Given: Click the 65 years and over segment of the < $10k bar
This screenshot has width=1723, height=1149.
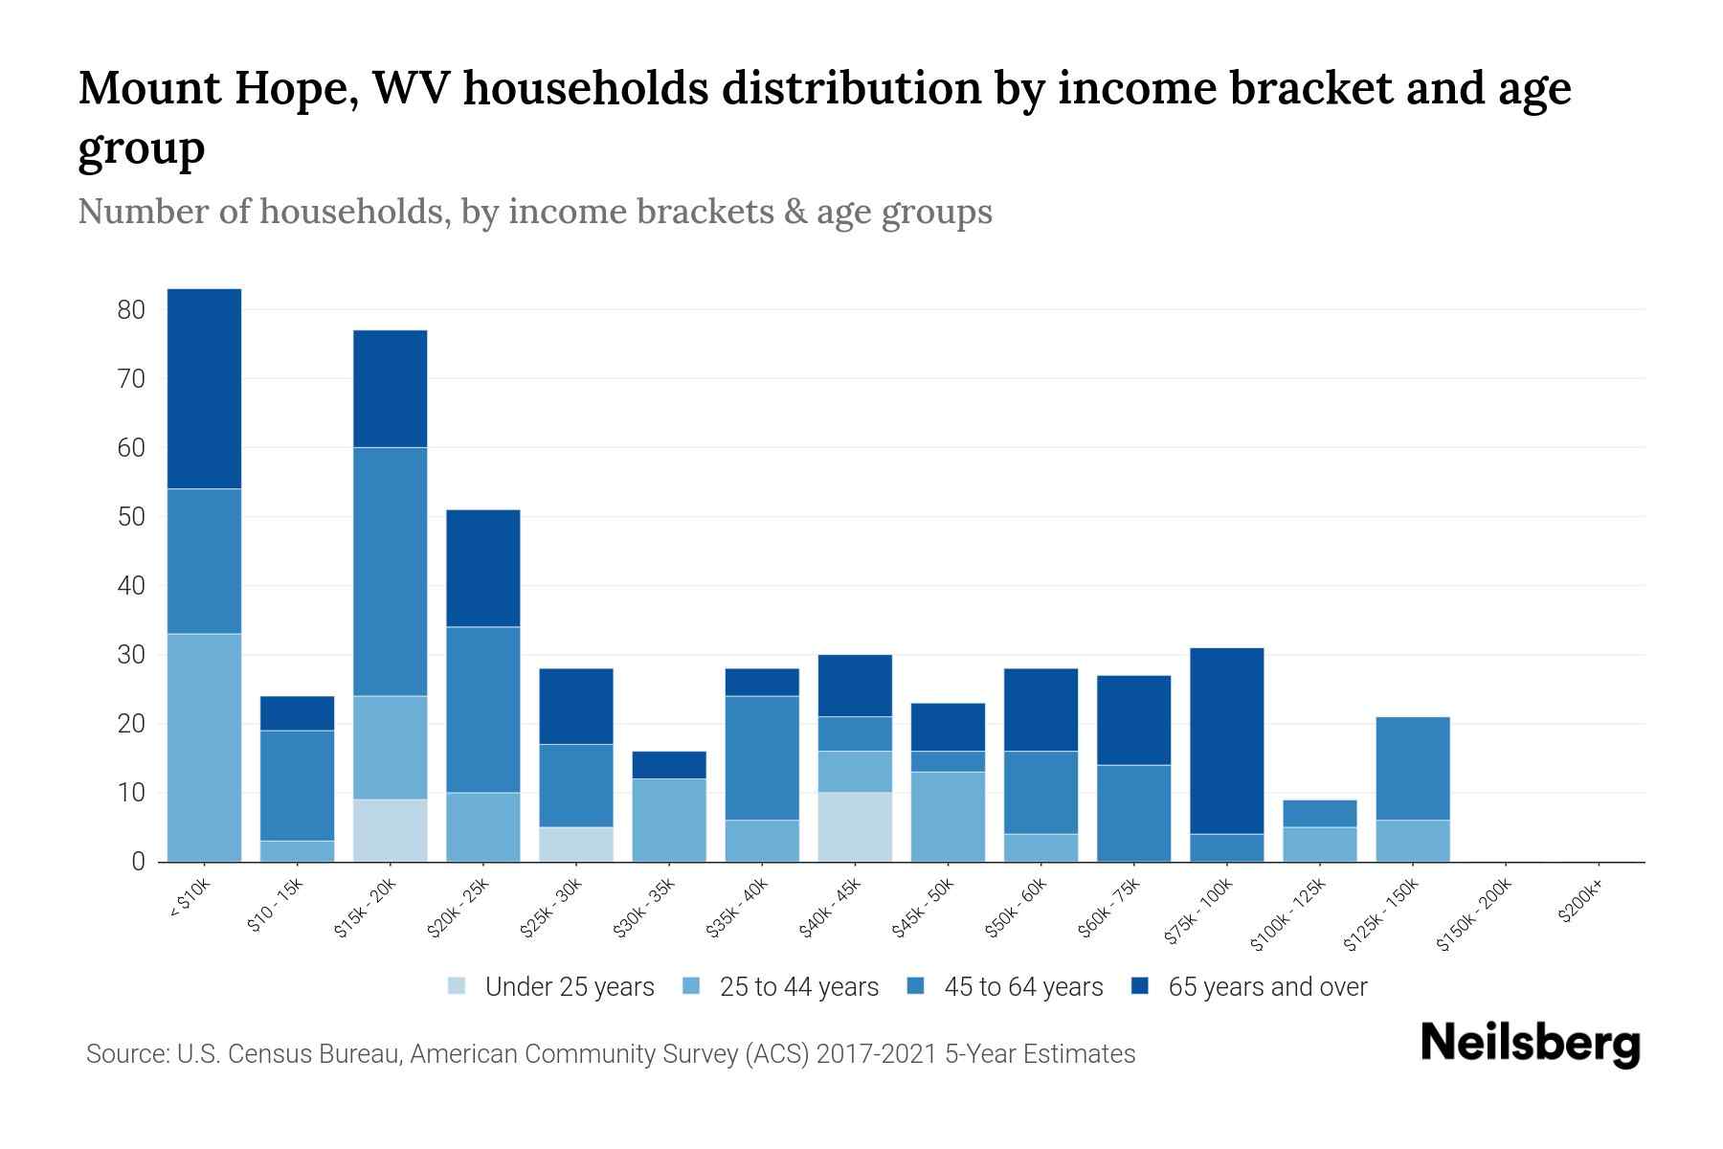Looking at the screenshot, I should click(204, 389).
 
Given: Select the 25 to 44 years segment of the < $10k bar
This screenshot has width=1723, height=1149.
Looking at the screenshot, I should click(204, 747).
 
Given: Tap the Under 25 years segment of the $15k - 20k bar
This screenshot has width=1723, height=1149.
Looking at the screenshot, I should click(391, 830).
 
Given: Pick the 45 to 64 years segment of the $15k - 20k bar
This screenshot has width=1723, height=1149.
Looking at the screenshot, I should click(391, 572).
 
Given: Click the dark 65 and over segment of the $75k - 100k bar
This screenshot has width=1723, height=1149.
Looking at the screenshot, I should click(1226, 741).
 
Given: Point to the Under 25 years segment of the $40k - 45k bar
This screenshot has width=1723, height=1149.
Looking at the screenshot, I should click(855, 826).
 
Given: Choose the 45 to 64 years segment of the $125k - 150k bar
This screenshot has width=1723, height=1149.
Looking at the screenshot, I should click(1413, 768).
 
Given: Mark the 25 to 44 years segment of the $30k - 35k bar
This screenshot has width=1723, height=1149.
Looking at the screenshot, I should click(669, 820).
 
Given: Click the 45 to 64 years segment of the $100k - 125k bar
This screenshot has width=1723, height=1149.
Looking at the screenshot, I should click(1320, 813).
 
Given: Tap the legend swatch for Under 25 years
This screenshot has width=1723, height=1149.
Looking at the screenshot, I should click(458, 986).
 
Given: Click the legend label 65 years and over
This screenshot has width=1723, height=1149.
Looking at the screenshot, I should click(1267, 987).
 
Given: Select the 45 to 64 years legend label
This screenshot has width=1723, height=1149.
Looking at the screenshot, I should click(1023, 987).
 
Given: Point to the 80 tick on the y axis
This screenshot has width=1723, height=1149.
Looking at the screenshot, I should click(131, 310).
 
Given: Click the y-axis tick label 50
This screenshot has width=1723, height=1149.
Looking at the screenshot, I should click(131, 517).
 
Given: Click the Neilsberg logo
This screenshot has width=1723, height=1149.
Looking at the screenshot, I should click(1530, 1044).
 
